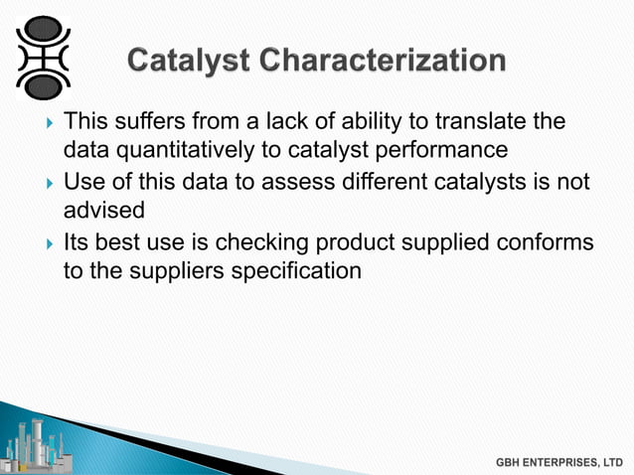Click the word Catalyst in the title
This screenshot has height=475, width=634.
pyautogui.click(x=188, y=62)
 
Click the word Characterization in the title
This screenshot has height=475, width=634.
pyautogui.click(x=384, y=62)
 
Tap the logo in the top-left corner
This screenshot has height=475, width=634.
pyautogui.click(x=43, y=56)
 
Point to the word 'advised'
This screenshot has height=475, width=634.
pyautogui.click(x=98, y=213)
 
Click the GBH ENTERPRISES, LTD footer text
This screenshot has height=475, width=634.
pyautogui.click(x=560, y=462)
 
